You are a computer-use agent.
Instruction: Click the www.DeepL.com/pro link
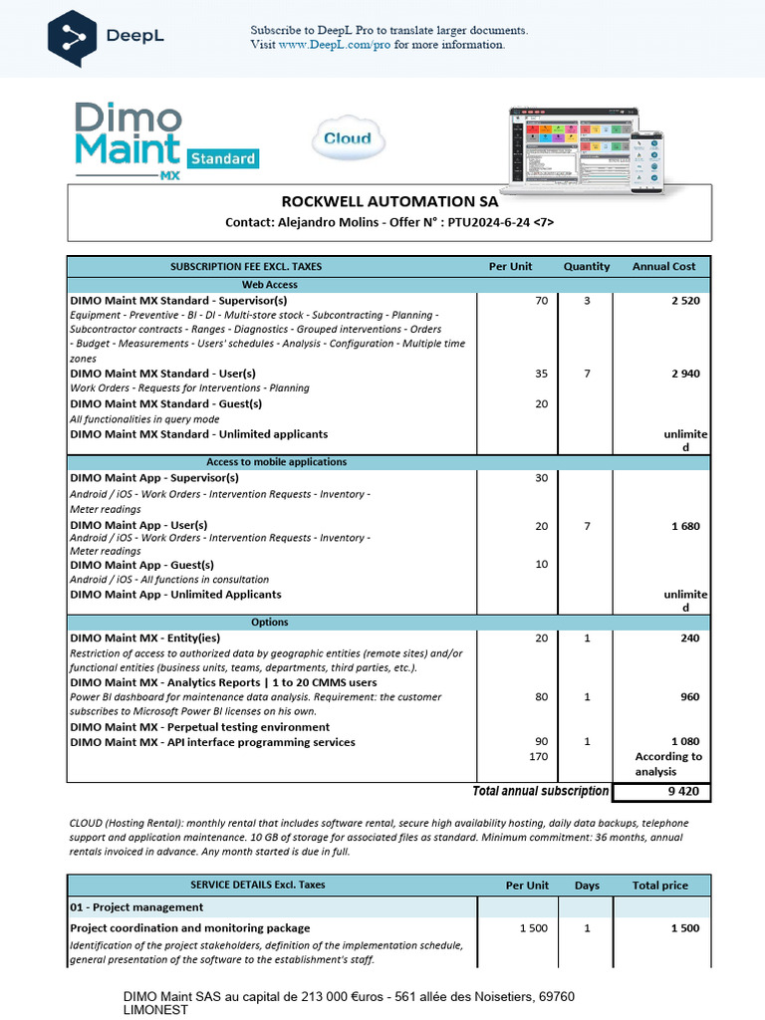click(335, 45)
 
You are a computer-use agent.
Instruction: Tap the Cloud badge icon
click(347, 139)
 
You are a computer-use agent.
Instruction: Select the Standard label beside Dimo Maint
click(223, 157)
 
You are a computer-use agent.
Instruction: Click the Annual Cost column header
click(663, 266)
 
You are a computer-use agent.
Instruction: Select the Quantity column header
click(587, 266)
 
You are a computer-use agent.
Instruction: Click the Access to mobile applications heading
click(276, 461)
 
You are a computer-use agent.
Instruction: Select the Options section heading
click(270, 622)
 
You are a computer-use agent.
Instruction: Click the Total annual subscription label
click(539, 791)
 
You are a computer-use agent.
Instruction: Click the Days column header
click(587, 885)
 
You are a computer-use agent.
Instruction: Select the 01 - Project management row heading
click(136, 907)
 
